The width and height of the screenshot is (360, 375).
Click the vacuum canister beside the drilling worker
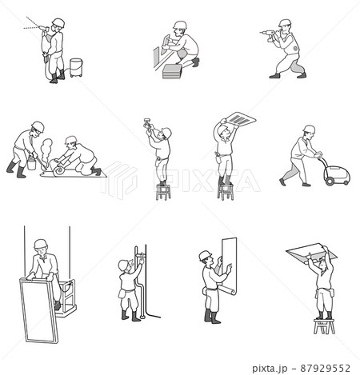[76, 67]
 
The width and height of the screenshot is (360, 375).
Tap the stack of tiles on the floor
[172, 71]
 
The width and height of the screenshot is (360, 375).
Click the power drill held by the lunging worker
[269, 34]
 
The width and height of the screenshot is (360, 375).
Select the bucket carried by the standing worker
[31, 164]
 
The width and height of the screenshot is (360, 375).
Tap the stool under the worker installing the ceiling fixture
[163, 192]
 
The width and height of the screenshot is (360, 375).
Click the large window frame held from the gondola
[39, 310]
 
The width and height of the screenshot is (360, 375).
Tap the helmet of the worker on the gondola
[41, 243]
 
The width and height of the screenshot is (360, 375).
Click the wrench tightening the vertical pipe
[140, 255]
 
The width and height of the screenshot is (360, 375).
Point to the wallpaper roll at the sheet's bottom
[227, 289]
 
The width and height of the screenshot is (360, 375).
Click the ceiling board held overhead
[311, 253]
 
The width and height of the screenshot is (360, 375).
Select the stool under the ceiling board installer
[324, 326]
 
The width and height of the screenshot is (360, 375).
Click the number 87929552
[325, 369]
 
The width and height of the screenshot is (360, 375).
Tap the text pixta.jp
[270, 369]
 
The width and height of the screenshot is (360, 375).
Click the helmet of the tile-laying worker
[180, 25]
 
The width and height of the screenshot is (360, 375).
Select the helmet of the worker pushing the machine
[309, 129]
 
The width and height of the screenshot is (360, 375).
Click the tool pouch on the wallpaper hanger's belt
[205, 290]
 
